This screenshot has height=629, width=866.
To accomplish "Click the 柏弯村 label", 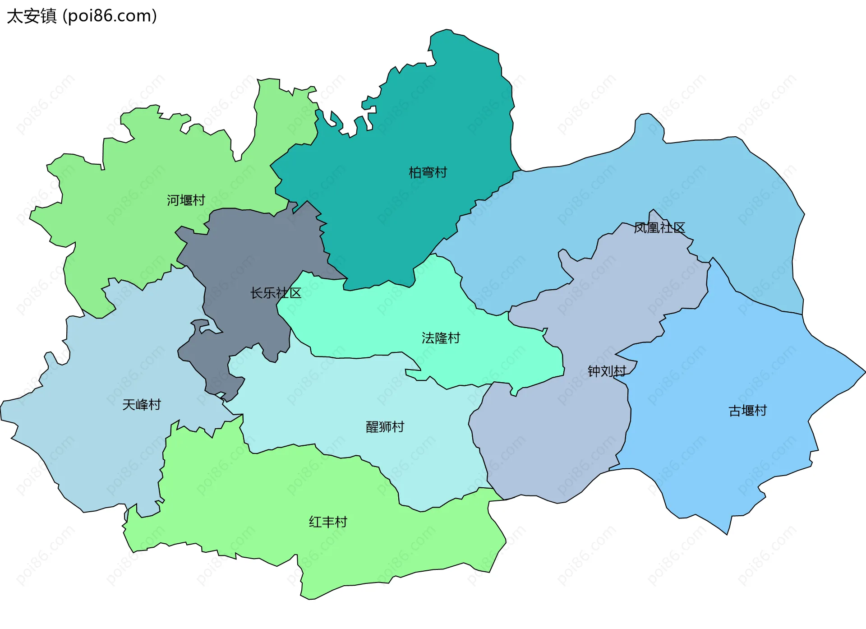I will tap(428, 172).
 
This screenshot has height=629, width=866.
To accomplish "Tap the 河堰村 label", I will tap(186, 200).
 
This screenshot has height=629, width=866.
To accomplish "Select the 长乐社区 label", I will tap(276, 293).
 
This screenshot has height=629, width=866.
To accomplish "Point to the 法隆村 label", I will tap(441, 338).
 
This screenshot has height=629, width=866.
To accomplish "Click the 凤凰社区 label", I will tap(659, 228).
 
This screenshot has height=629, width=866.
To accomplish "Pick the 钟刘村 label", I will tap(607, 371).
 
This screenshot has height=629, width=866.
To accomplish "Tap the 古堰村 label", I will tap(747, 411).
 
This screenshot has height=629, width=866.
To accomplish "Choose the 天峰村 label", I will tap(142, 404).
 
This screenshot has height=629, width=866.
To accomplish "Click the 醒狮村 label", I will tap(385, 427).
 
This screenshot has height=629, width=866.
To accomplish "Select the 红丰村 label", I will tap(328, 522).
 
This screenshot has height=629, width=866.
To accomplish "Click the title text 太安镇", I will tap(32, 16).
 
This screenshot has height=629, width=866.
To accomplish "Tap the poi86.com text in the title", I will tap(110, 16).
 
